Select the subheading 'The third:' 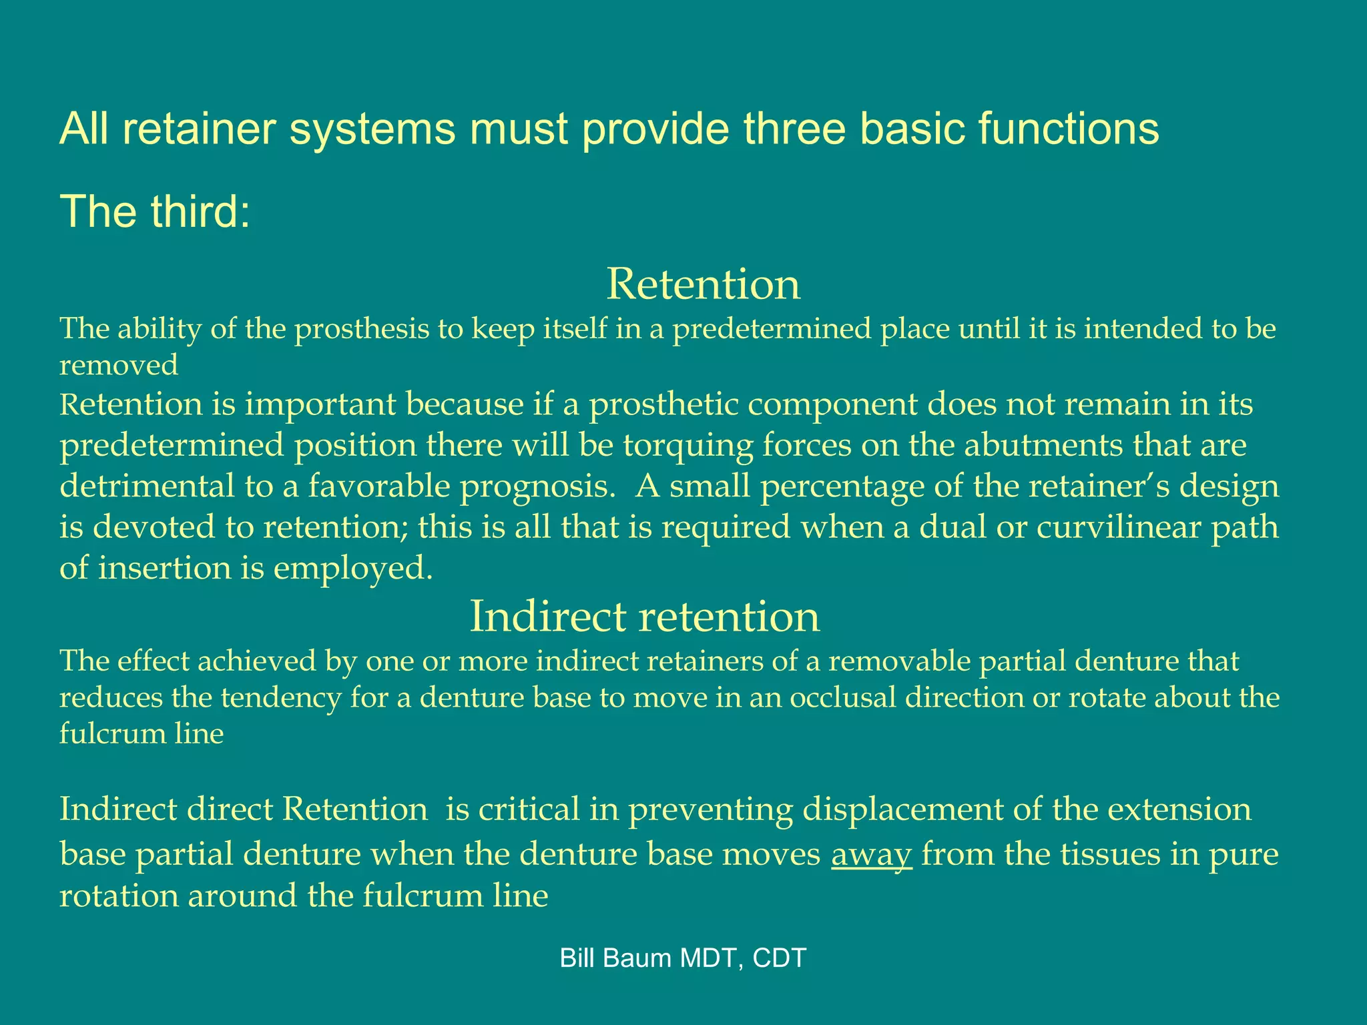tap(155, 212)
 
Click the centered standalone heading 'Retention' tap(703, 284)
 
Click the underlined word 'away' tap(871, 854)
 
